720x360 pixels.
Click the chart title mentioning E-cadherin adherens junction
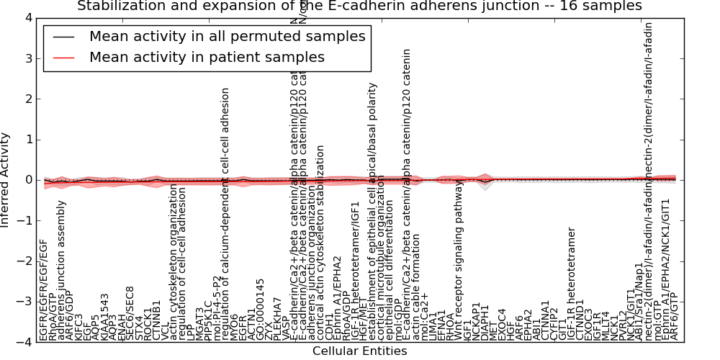[359, 6]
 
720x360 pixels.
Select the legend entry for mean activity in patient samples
[207, 58]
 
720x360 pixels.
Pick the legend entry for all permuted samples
[227, 37]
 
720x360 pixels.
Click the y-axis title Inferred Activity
[6, 180]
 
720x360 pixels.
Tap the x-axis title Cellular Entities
[359, 351]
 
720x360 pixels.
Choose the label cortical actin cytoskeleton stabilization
[320, 242]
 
